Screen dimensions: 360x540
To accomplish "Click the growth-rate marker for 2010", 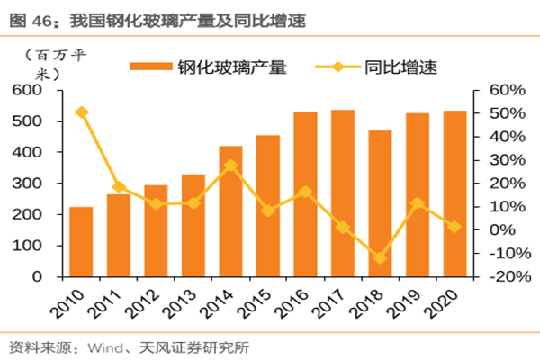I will (x=81, y=112).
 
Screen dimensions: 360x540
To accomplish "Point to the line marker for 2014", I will (x=230, y=166).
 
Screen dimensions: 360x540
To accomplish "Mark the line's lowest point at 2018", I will (x=380, y=258).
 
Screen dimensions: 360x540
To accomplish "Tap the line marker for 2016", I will (x=305, y=192).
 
